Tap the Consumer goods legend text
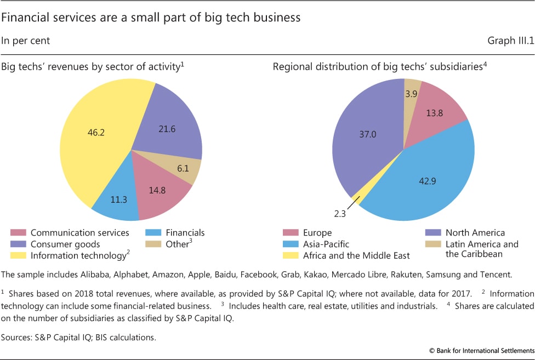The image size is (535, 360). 65,244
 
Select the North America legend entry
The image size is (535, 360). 474,233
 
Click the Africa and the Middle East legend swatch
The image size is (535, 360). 289,255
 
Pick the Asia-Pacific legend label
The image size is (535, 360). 326,244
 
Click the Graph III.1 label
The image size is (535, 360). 509,41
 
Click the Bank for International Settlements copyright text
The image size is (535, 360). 477,349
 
